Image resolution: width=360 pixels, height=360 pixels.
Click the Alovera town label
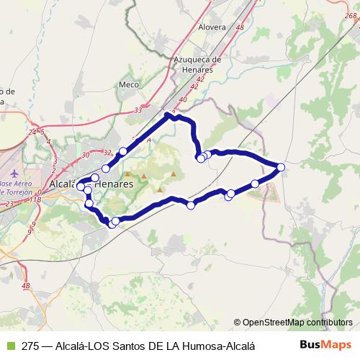[212, 27]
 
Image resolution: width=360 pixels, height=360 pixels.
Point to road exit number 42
[199, 78]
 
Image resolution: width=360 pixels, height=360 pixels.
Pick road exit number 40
[182, 99]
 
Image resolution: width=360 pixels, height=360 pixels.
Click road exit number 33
[138, 111]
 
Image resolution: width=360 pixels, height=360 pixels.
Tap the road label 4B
[26, 287]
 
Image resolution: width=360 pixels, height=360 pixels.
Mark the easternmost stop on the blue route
[281, 167]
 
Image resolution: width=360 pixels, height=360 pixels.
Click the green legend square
[9, 346]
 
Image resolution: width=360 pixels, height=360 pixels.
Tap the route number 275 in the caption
[30, 346]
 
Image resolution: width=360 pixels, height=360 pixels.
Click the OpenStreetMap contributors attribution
[293, 323]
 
